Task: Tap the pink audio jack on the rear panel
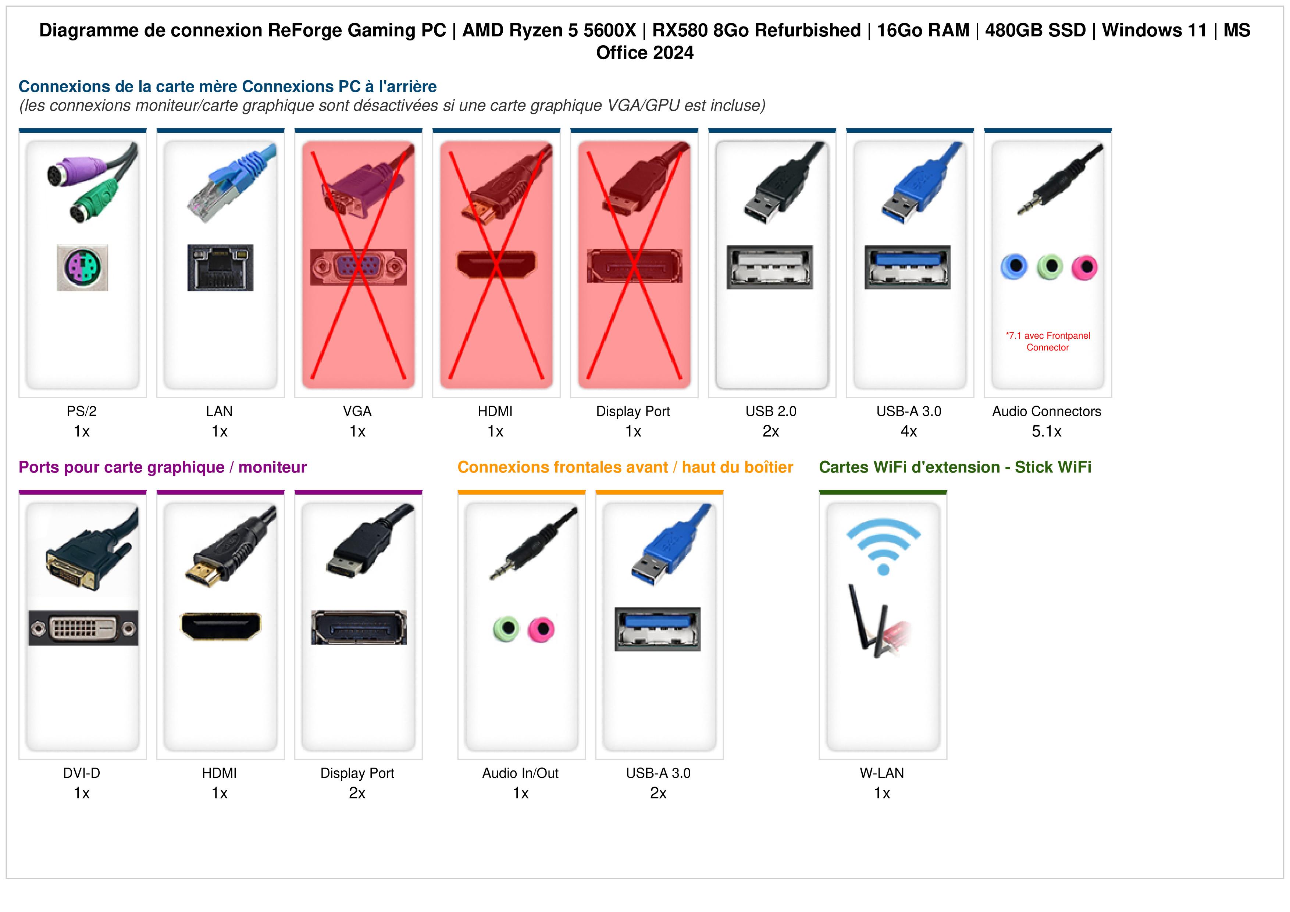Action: tap(1084, 267)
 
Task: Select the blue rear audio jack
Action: tap(1014, 266)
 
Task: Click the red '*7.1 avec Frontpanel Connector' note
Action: tap(1048, 342)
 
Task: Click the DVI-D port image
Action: tap(83, 628)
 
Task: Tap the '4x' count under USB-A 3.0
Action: tap(909, 432)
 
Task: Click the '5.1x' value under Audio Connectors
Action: tap(1047, 432)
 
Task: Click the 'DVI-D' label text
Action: tap(82, 773)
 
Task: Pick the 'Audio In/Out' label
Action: tap(520, 773)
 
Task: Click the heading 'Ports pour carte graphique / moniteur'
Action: tap(163, 467)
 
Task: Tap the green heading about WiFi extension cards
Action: tap(955, 467)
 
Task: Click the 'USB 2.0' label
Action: tap(771, 412)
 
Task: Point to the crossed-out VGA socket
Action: tap(359, 267)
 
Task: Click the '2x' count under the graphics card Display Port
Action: tap(357, 794)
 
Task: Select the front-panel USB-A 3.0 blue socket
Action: tap(658, 629)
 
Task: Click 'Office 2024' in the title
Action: tap(645, 53)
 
